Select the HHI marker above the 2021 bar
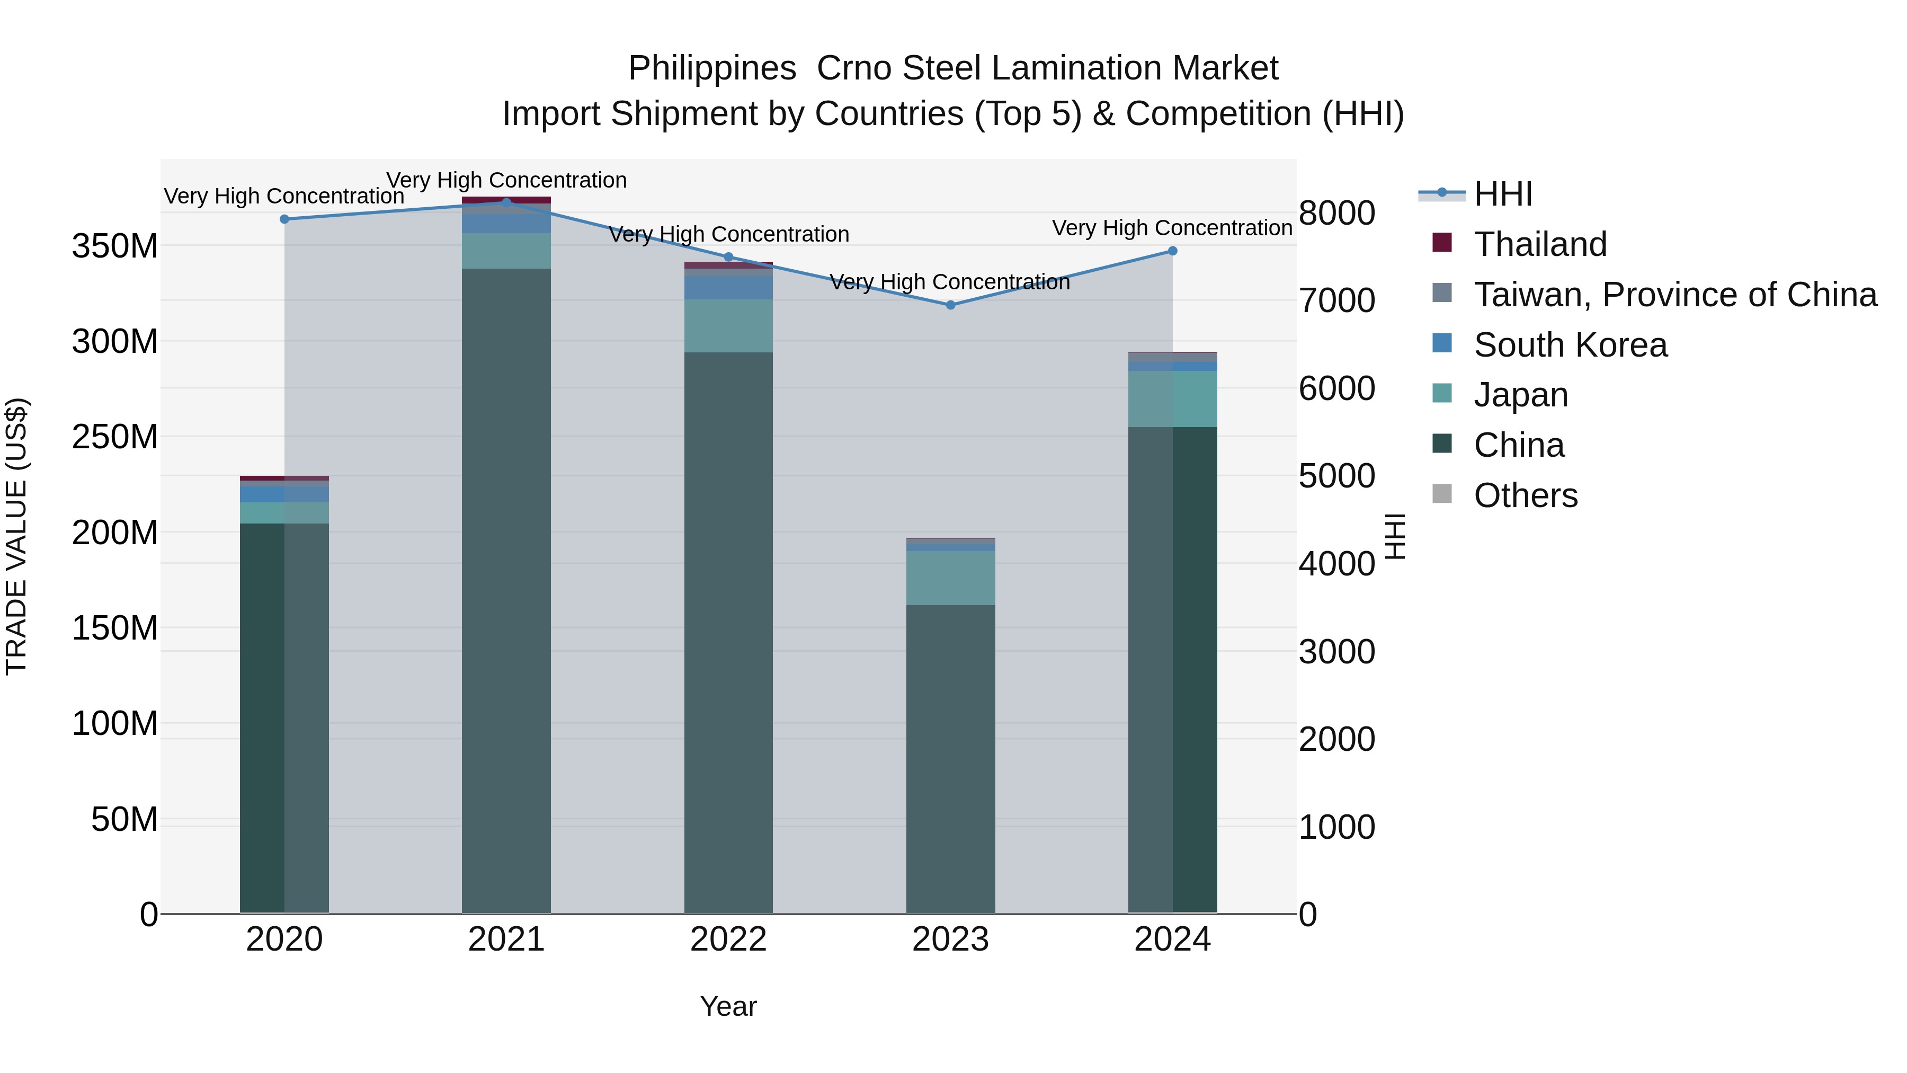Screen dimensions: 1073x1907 pos(506,202)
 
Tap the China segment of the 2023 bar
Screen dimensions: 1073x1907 pos(950,759)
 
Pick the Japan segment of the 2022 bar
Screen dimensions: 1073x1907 pos(728,326)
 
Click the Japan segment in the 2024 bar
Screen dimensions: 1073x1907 pos(1173,399)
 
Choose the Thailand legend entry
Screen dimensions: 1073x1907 pos(1540,244)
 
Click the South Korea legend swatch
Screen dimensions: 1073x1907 pos(1442,343)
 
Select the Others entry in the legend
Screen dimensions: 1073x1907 pos(1525,495)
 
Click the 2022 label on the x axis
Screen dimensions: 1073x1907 pos(728,939)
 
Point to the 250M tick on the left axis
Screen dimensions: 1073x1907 pos(115,437)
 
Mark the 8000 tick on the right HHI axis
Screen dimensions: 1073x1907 pos(1337,213)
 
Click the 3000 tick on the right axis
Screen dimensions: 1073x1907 pos(1337,652)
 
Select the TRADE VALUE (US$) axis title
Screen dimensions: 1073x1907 pos(16,536)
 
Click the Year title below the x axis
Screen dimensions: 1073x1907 pos(728,1006)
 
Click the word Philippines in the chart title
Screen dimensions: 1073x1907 pos(712,69)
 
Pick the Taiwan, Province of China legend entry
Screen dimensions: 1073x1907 pos(1674,295)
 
